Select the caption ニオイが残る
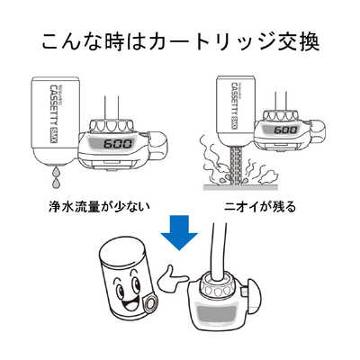(x=260, y=205)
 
